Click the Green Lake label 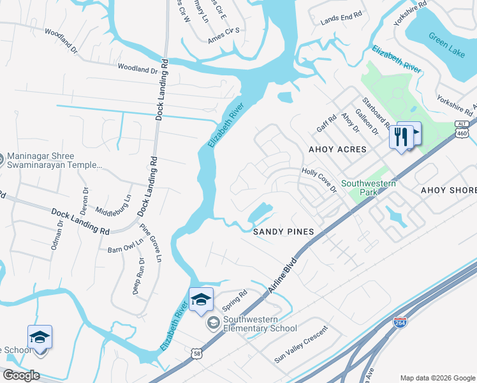pos(446,44)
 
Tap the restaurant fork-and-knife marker pos(401,137)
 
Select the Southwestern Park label pos(369,188)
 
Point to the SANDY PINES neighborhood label pos(284,232)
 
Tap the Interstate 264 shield pos(400,322)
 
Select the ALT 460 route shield pos(463,130)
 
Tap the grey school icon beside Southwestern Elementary pos(213,324)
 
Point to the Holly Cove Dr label pos(319,181)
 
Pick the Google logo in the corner pos(21,375)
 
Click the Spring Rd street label pos(234,301)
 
